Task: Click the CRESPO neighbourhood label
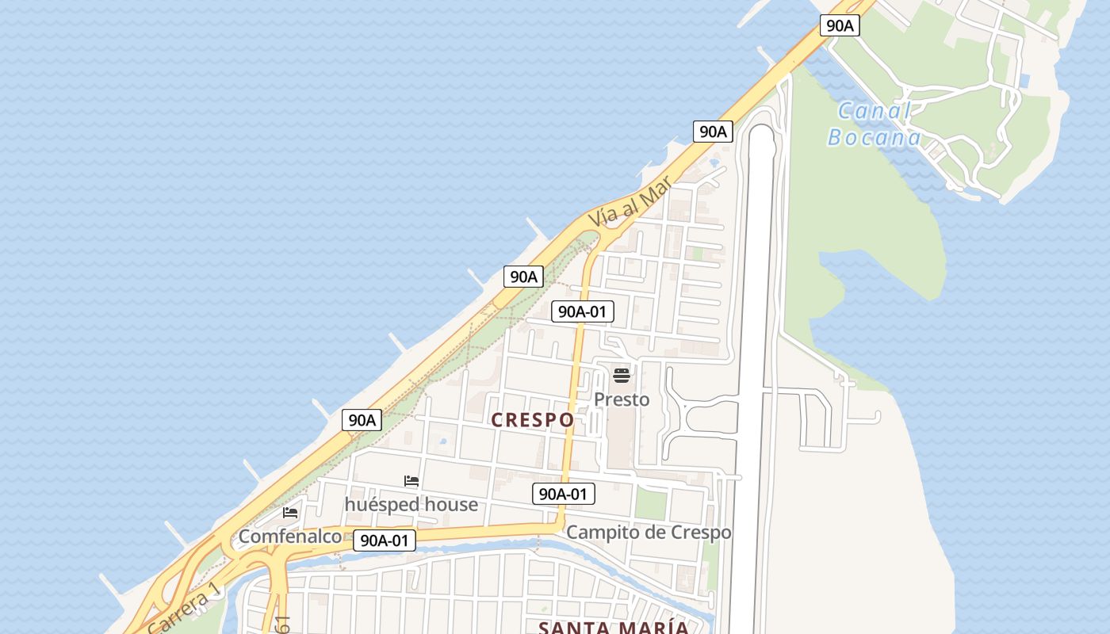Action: pos(533,420)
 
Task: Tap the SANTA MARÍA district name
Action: pos(614,628)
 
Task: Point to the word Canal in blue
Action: pos(875,111)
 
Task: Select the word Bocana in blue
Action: pos(875,138)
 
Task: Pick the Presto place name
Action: pos(622,399)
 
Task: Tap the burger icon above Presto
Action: pos(622,375)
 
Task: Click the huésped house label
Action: pos(411,505)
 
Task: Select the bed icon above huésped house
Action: pos(411,481)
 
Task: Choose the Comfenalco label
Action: pos(290,537)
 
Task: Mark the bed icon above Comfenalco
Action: pos(290,513)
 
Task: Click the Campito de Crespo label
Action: pos(649,533)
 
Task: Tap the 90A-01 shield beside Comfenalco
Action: pos(385,540)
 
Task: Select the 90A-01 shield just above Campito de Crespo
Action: pos(563,495)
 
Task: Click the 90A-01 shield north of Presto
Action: pos(583,311)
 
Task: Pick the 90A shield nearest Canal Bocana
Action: pos(840,25)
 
